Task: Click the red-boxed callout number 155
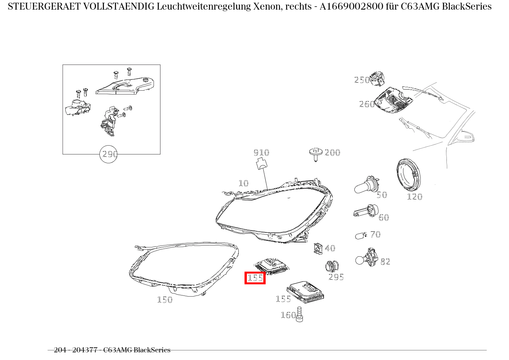click(x=255, y=278)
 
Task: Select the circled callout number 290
click(x=109, y=154)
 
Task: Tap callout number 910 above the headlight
click(x=261, y=153)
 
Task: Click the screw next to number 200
click(x=315, y=154)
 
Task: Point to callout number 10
click(x=243, y=183)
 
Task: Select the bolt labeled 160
click(x=300, y=314)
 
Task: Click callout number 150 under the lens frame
click(x=165, y=300)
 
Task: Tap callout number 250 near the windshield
click(x=362, y=80)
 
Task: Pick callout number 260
click(x=367, y=104)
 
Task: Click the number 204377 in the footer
click(x=84, y=350)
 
